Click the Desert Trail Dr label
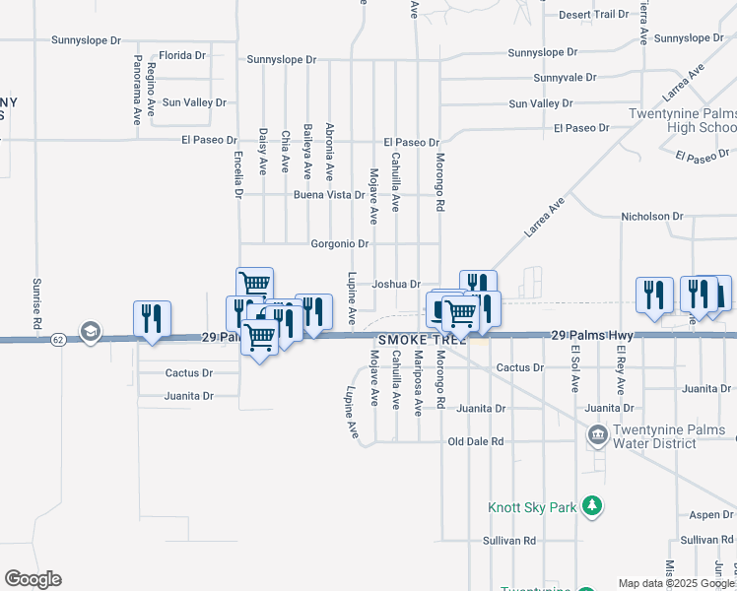coord(593,15)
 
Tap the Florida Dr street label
coord(180,55)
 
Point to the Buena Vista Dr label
coord(329,195)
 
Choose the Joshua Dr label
coord(396,284)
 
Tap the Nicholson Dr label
coord(651,216)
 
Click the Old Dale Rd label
coord(476,441)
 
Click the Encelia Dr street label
coord(238,173)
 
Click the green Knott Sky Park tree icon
coord(591,507)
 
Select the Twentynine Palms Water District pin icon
coord(596,434)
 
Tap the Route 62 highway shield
coord(59,339)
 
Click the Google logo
coord(33,579)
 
